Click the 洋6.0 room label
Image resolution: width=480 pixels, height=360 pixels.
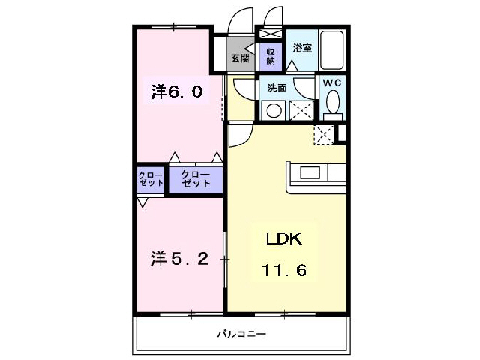pos(176,92)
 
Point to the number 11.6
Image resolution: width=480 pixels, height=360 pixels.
pos(283,269)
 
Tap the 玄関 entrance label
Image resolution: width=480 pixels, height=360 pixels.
pos(240,57)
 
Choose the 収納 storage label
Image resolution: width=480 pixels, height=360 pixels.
pos(271,55)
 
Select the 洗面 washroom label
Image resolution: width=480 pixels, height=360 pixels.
pos(277,88)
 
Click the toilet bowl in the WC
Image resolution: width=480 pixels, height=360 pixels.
pos(333,103)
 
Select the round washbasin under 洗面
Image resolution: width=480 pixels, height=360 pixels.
pos(274,111)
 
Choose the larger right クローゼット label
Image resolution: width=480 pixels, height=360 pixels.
pos(196,181)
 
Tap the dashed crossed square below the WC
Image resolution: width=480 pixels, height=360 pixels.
pos(324,135)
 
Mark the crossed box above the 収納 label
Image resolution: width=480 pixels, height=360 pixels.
pos(270,34)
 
